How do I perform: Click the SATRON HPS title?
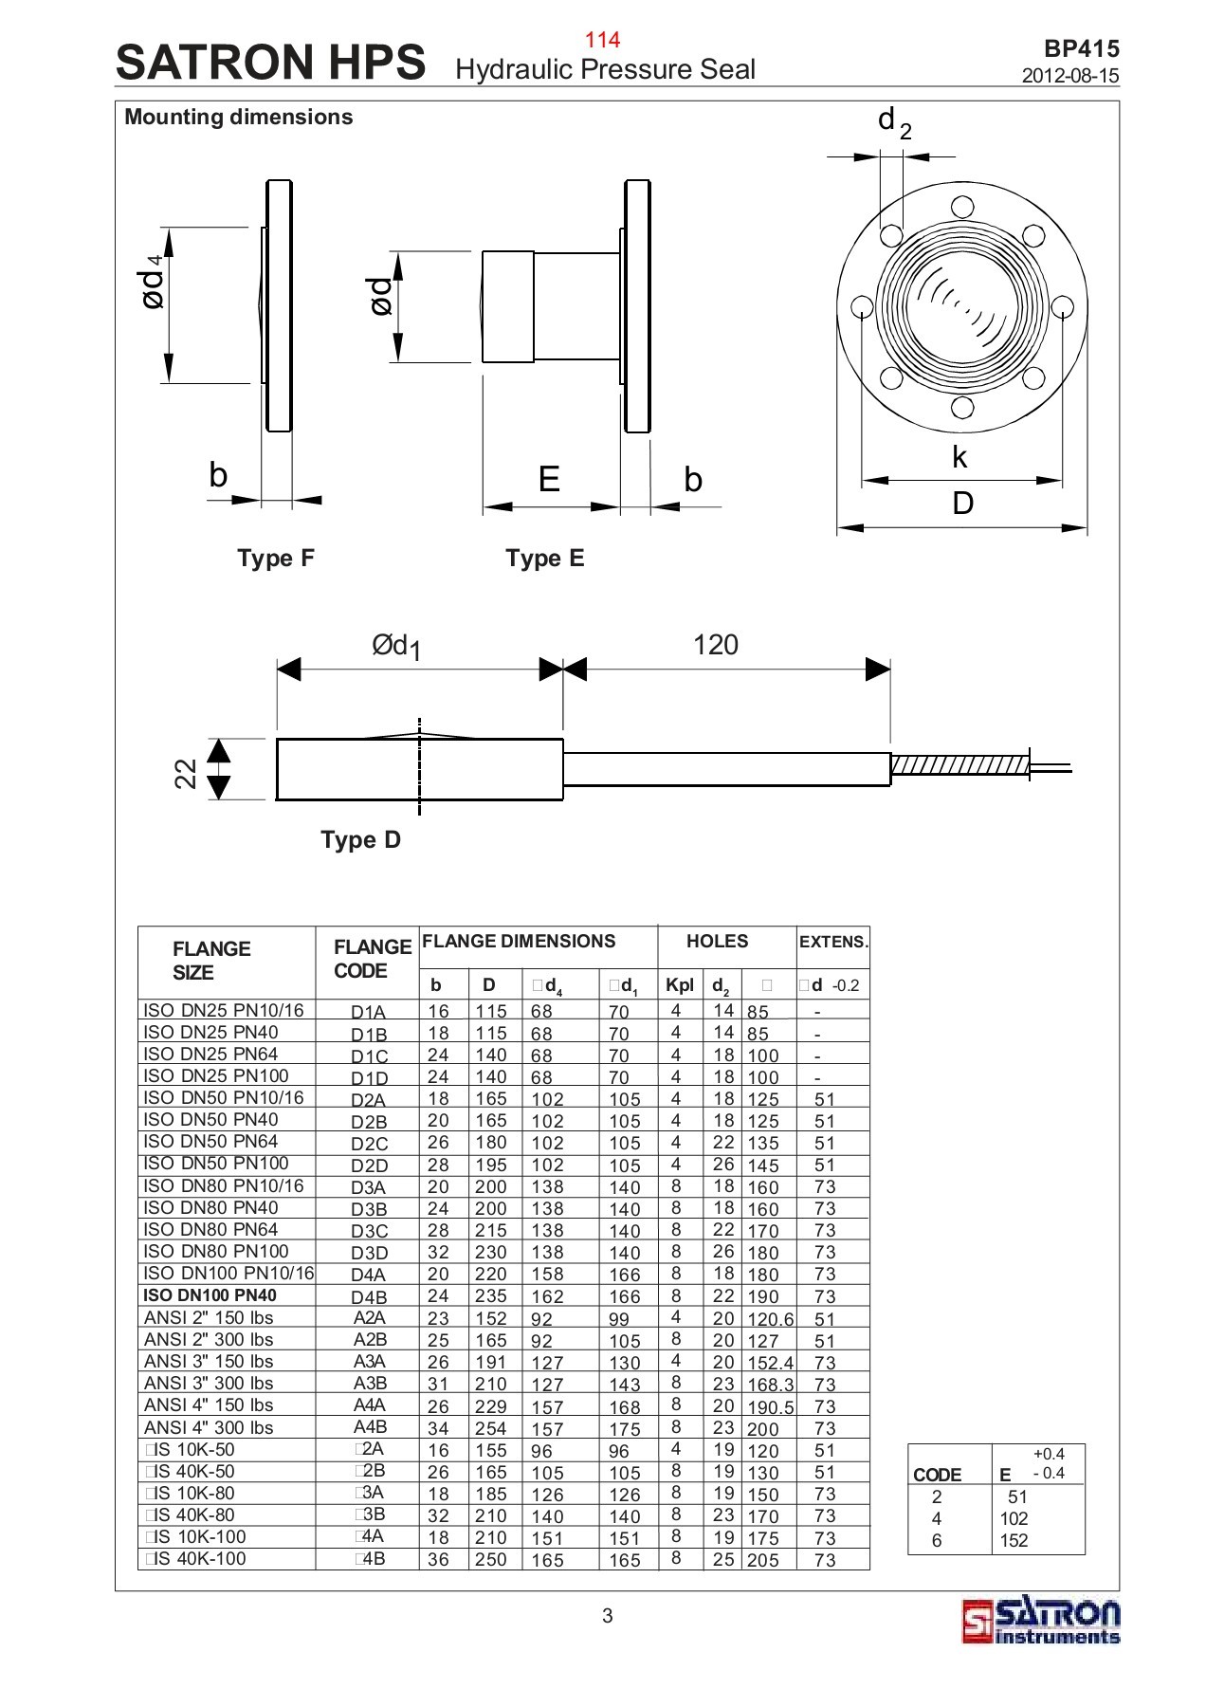[270, 63]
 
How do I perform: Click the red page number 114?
[602, 39]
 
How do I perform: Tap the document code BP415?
[1081, 49]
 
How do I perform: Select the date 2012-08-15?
[1070, 76]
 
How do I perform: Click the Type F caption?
[275, 558]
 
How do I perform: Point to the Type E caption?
[544, 558]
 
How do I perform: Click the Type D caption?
[360, 839]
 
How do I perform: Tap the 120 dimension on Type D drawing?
[715, 645]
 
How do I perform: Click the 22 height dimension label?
[187, 773]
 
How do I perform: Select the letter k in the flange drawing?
[959, 458]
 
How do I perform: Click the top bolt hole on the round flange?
[961, 206]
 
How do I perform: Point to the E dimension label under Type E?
[549, 479]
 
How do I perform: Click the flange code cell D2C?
[369, 1144]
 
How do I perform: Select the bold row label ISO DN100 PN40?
[210, 1295]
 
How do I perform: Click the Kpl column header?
[679, 984]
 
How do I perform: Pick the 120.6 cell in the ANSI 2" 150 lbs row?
[770, 1319]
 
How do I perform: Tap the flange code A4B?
[369, 1427]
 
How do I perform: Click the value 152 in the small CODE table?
[1014, 1540]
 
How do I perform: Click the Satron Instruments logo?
[1041, 1622]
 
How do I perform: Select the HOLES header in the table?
[717, 942]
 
